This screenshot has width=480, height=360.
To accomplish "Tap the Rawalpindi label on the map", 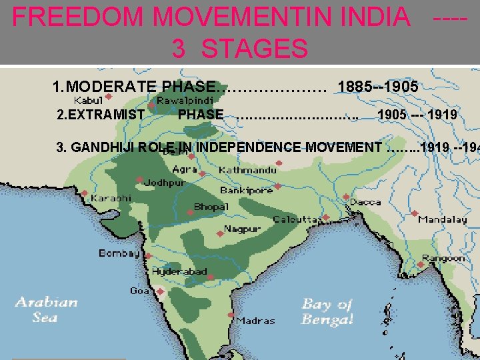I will coord(185,99).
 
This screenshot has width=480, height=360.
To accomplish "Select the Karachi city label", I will coord(111,198).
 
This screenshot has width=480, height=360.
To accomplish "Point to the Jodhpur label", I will coord(165,182).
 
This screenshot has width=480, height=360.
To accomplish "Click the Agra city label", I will coord(185,169).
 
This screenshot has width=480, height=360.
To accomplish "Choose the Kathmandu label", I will coord(247,170).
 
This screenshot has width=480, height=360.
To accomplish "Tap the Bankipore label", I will coord(247,190).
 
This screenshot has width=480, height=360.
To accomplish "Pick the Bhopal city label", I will coord(211,207).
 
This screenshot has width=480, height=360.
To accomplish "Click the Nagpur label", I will coord(242,229).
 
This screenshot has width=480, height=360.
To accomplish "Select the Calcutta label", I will coord(296,219).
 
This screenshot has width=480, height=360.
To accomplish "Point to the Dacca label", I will coord(365,201).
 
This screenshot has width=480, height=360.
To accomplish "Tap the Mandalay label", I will coord(443,219).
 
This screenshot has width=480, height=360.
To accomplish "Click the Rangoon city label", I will coord(444,258).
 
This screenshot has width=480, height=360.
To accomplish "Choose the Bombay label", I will coord(119,253).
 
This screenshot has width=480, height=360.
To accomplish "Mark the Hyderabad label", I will coord(179,272).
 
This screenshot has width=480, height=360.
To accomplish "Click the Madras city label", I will coord(255,321).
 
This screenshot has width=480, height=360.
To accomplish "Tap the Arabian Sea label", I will coord(46,310).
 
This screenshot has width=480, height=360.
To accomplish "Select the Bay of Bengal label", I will coord(327,312).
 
